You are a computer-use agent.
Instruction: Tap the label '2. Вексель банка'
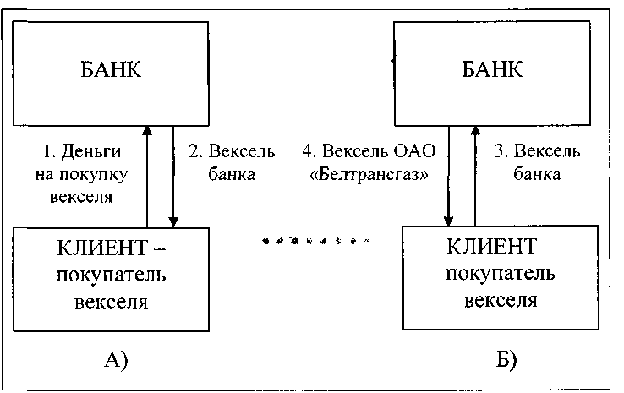coord(221,164)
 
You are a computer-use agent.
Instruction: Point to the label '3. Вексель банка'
coord(535,164)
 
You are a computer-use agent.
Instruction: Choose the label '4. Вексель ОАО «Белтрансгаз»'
coord(365,164)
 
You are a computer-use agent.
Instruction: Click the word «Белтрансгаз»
coord(365,176)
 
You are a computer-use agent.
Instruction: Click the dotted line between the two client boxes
coord(315,241)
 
